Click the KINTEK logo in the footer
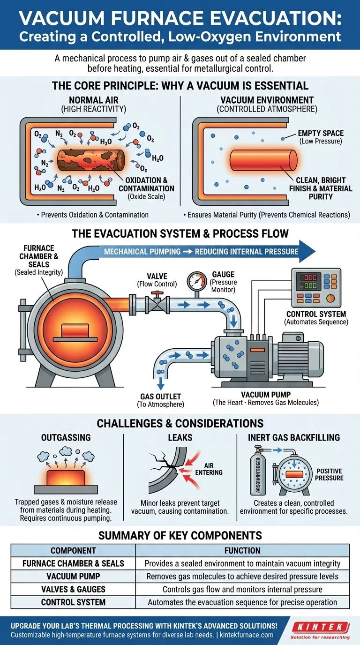pyautogui.click(x=320, y=627)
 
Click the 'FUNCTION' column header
pyautogui.click(x=242, y=550)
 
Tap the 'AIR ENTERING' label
pyautogui.click(x=212, y=469)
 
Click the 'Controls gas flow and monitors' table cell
pyautogui.click(x=242, y=589)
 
